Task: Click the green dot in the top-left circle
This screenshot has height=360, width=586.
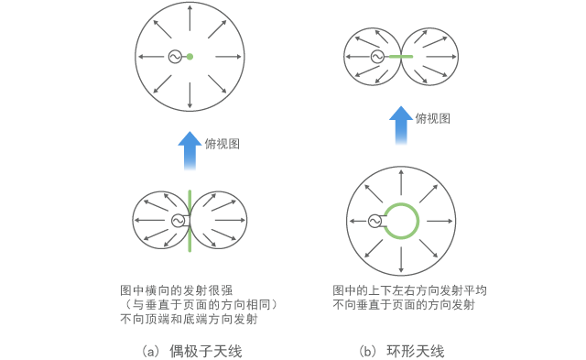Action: tap(190, 58)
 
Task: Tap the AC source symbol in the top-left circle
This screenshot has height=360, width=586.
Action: tap(174, 58)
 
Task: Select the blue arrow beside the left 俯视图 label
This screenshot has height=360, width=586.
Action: tap(190, 149)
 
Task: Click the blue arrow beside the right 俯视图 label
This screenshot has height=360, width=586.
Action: tap(400, 125)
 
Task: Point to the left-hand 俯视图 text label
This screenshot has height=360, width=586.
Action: tap(221, 144)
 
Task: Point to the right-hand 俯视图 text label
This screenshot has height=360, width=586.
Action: tap(432, 118)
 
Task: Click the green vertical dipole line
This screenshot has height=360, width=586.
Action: tap(190, 240)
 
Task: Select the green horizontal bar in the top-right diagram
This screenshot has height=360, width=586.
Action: tap(400, 56)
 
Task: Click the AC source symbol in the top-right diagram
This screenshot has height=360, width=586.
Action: tap(376, 56)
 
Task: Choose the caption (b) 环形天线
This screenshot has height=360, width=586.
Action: tap(401, 351)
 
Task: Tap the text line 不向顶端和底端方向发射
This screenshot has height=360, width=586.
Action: tap(188, 320)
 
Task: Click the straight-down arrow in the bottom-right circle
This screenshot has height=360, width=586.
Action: tap(401, 259)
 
